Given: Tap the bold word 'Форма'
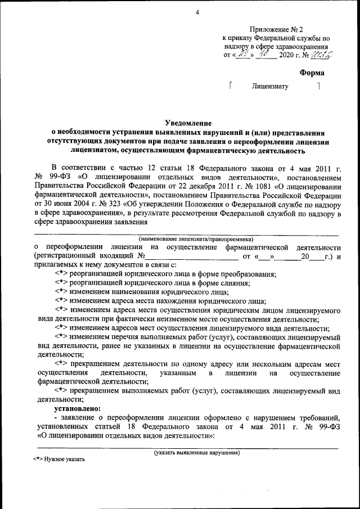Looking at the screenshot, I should (x=312, y=73).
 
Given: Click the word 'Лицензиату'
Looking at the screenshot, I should (x=270, y=87).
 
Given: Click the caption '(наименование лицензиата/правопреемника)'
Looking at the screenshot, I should (x=188, y=239).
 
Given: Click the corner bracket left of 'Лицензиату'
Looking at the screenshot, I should (x=231, y=85).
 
